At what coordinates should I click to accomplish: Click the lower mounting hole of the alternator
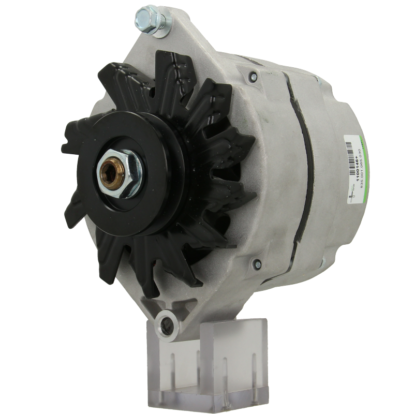tap(167, 323)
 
